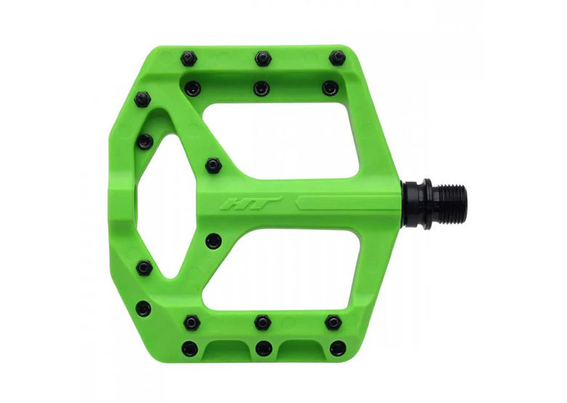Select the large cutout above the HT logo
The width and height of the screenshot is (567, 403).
click(x=281, y=140)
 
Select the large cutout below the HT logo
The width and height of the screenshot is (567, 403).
click(x=281, y=268)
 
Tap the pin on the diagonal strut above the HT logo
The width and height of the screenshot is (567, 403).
click(x=212, y=166)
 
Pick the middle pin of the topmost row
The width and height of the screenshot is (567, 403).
click(x=263, y=58)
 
